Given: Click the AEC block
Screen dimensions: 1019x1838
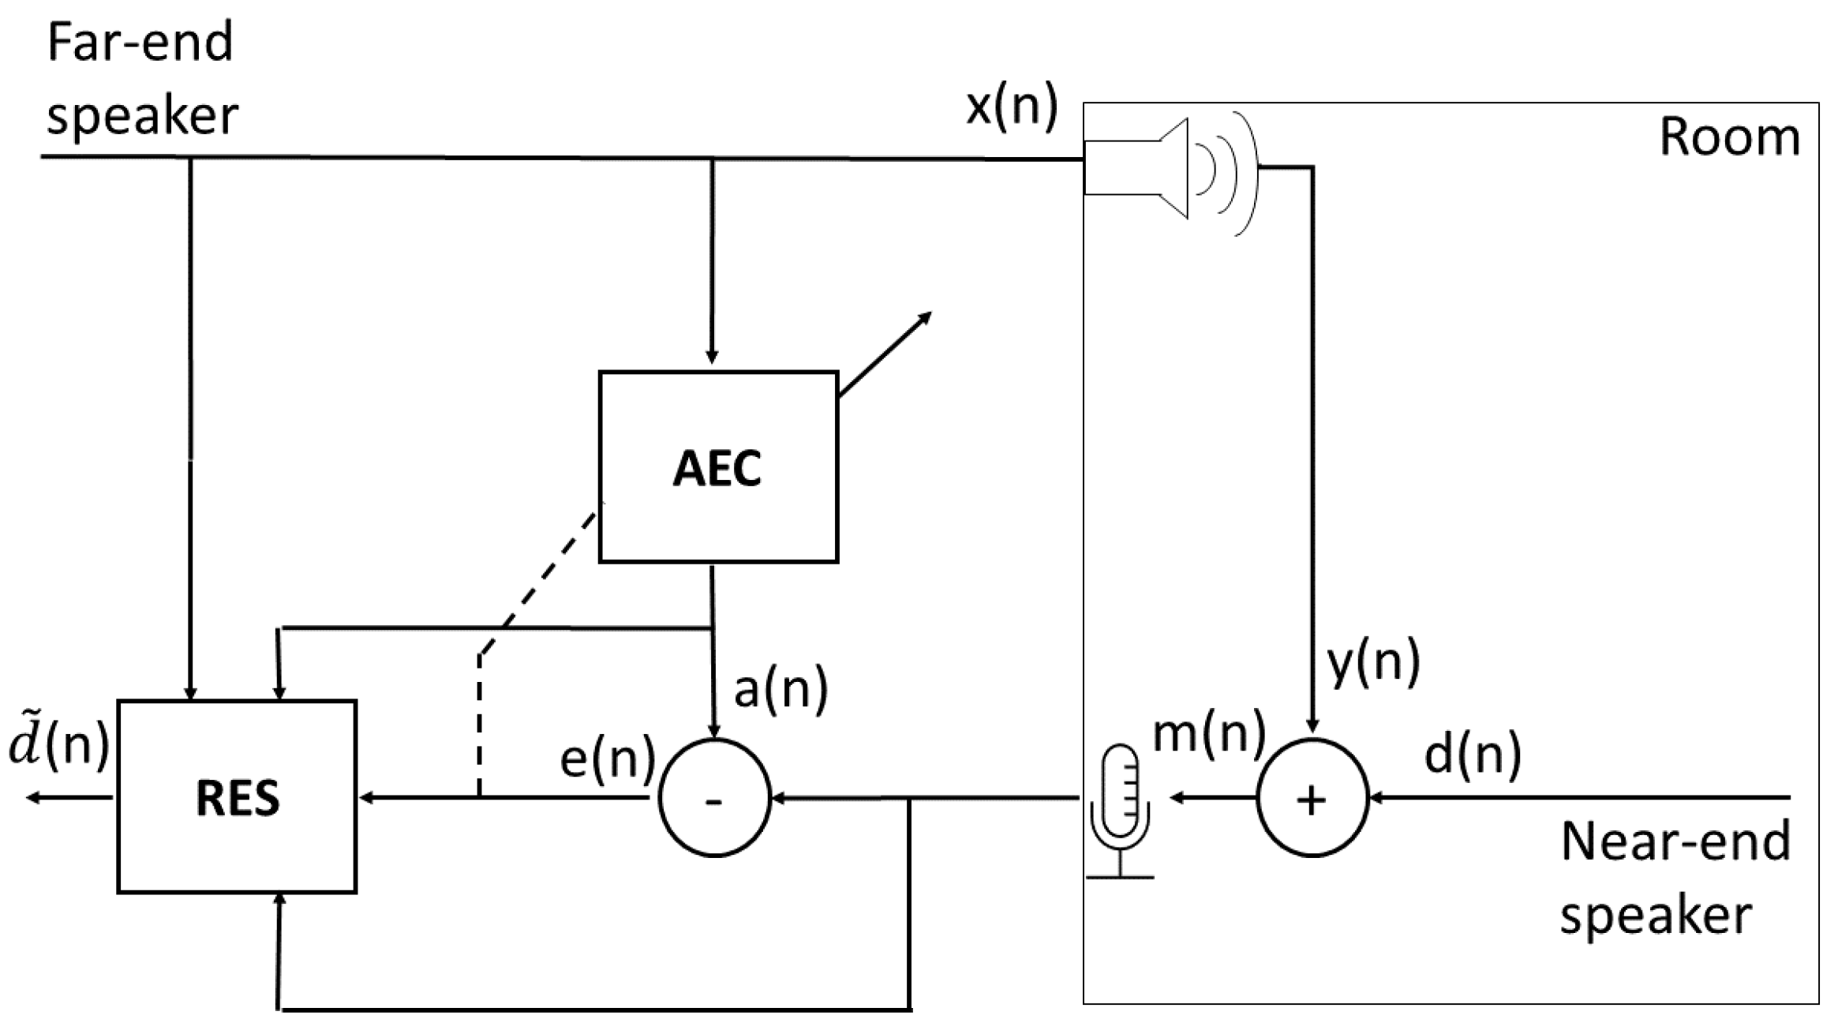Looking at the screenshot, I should point(717,466).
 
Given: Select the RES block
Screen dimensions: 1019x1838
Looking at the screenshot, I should point(237,796).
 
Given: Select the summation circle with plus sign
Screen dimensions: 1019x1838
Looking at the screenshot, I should point(1312,798).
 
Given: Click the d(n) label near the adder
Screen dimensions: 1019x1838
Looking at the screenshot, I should point(1472,754).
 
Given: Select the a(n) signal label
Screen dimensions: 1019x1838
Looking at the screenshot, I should point(780,688).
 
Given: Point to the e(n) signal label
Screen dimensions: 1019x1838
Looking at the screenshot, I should point(607,759).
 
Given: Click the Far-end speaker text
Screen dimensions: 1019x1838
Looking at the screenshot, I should point(141,79).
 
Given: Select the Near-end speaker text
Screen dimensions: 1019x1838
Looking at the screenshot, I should point(1674,877).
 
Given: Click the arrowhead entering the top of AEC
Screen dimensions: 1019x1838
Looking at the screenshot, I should point(712,357).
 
